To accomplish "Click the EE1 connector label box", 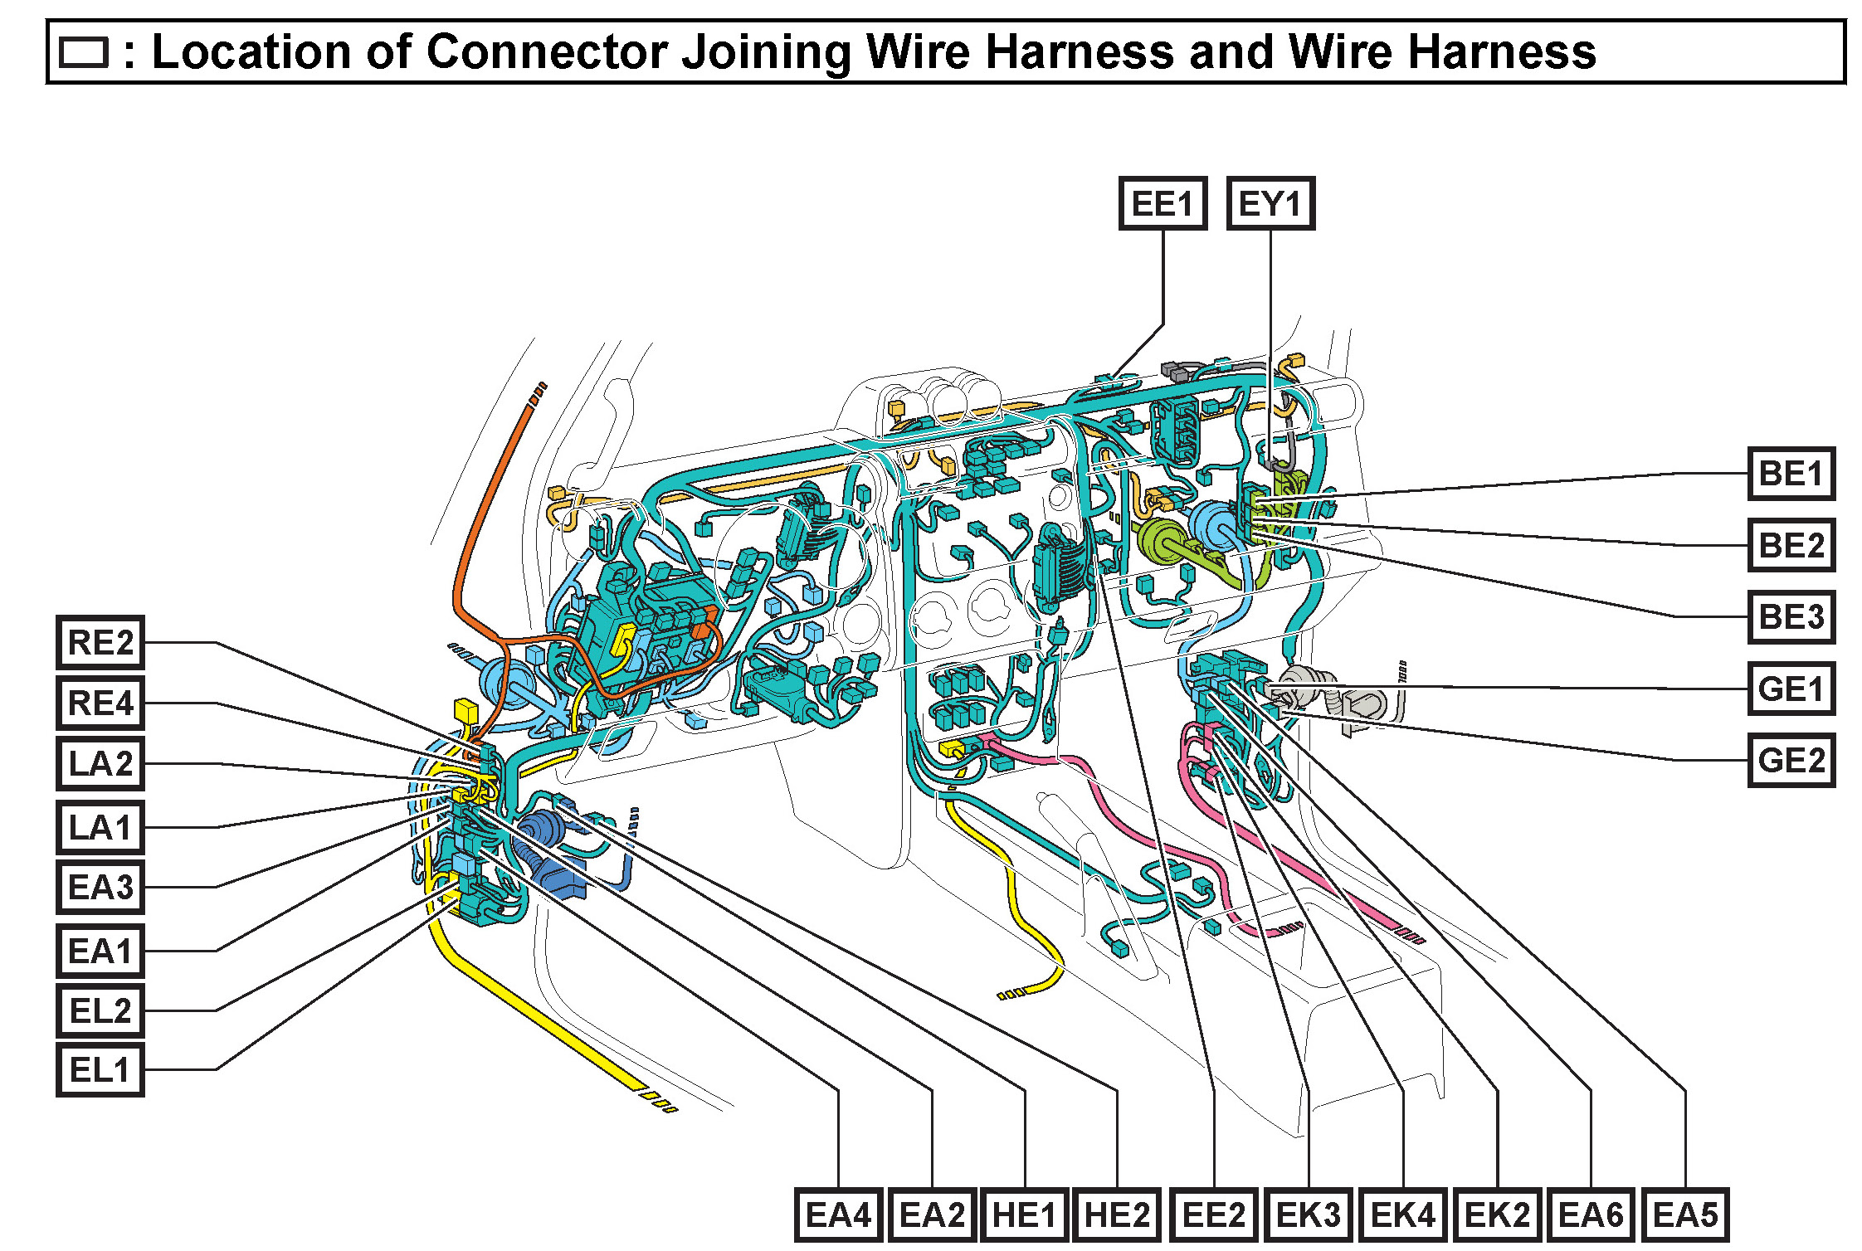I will pyautogui.click(x=1162, y=203).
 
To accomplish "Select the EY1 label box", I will pyautogui.click(x=1270, y=203).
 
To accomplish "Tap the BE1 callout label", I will pyautogui.click(x=1791, y=474).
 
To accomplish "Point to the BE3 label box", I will pyautogui.click(x=1791, y=616).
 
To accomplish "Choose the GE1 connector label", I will pyautogui.click(x=1791, y=689).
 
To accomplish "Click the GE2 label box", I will pyautogui.click(x=1791, y=760).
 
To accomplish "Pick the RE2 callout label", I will pyautogui.click(x=100, y=642).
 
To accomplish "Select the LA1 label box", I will pyautogui.click(x=100, y=827).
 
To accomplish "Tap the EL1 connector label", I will pyautogui.click(x=100, y=1069).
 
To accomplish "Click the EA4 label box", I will pyautogui.click(x=838, y=1215).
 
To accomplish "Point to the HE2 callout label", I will pyautogui.click(x=1117, y=1215).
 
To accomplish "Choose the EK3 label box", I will pyautogui.click(x=1308, y=1215).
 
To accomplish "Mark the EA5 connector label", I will pyautogui.click(x=1685, y=1215).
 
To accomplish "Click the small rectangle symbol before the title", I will pyautogui.click(x=84, y=52).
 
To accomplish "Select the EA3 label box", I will pyautogui.click(x=100, y=887).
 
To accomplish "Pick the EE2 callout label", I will pyautogui.click(x=1214, y=1215).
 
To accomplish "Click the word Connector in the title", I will pyautogui.click(x=546, y=51).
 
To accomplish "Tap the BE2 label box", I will pyautogui.click(x=1791, y=545).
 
